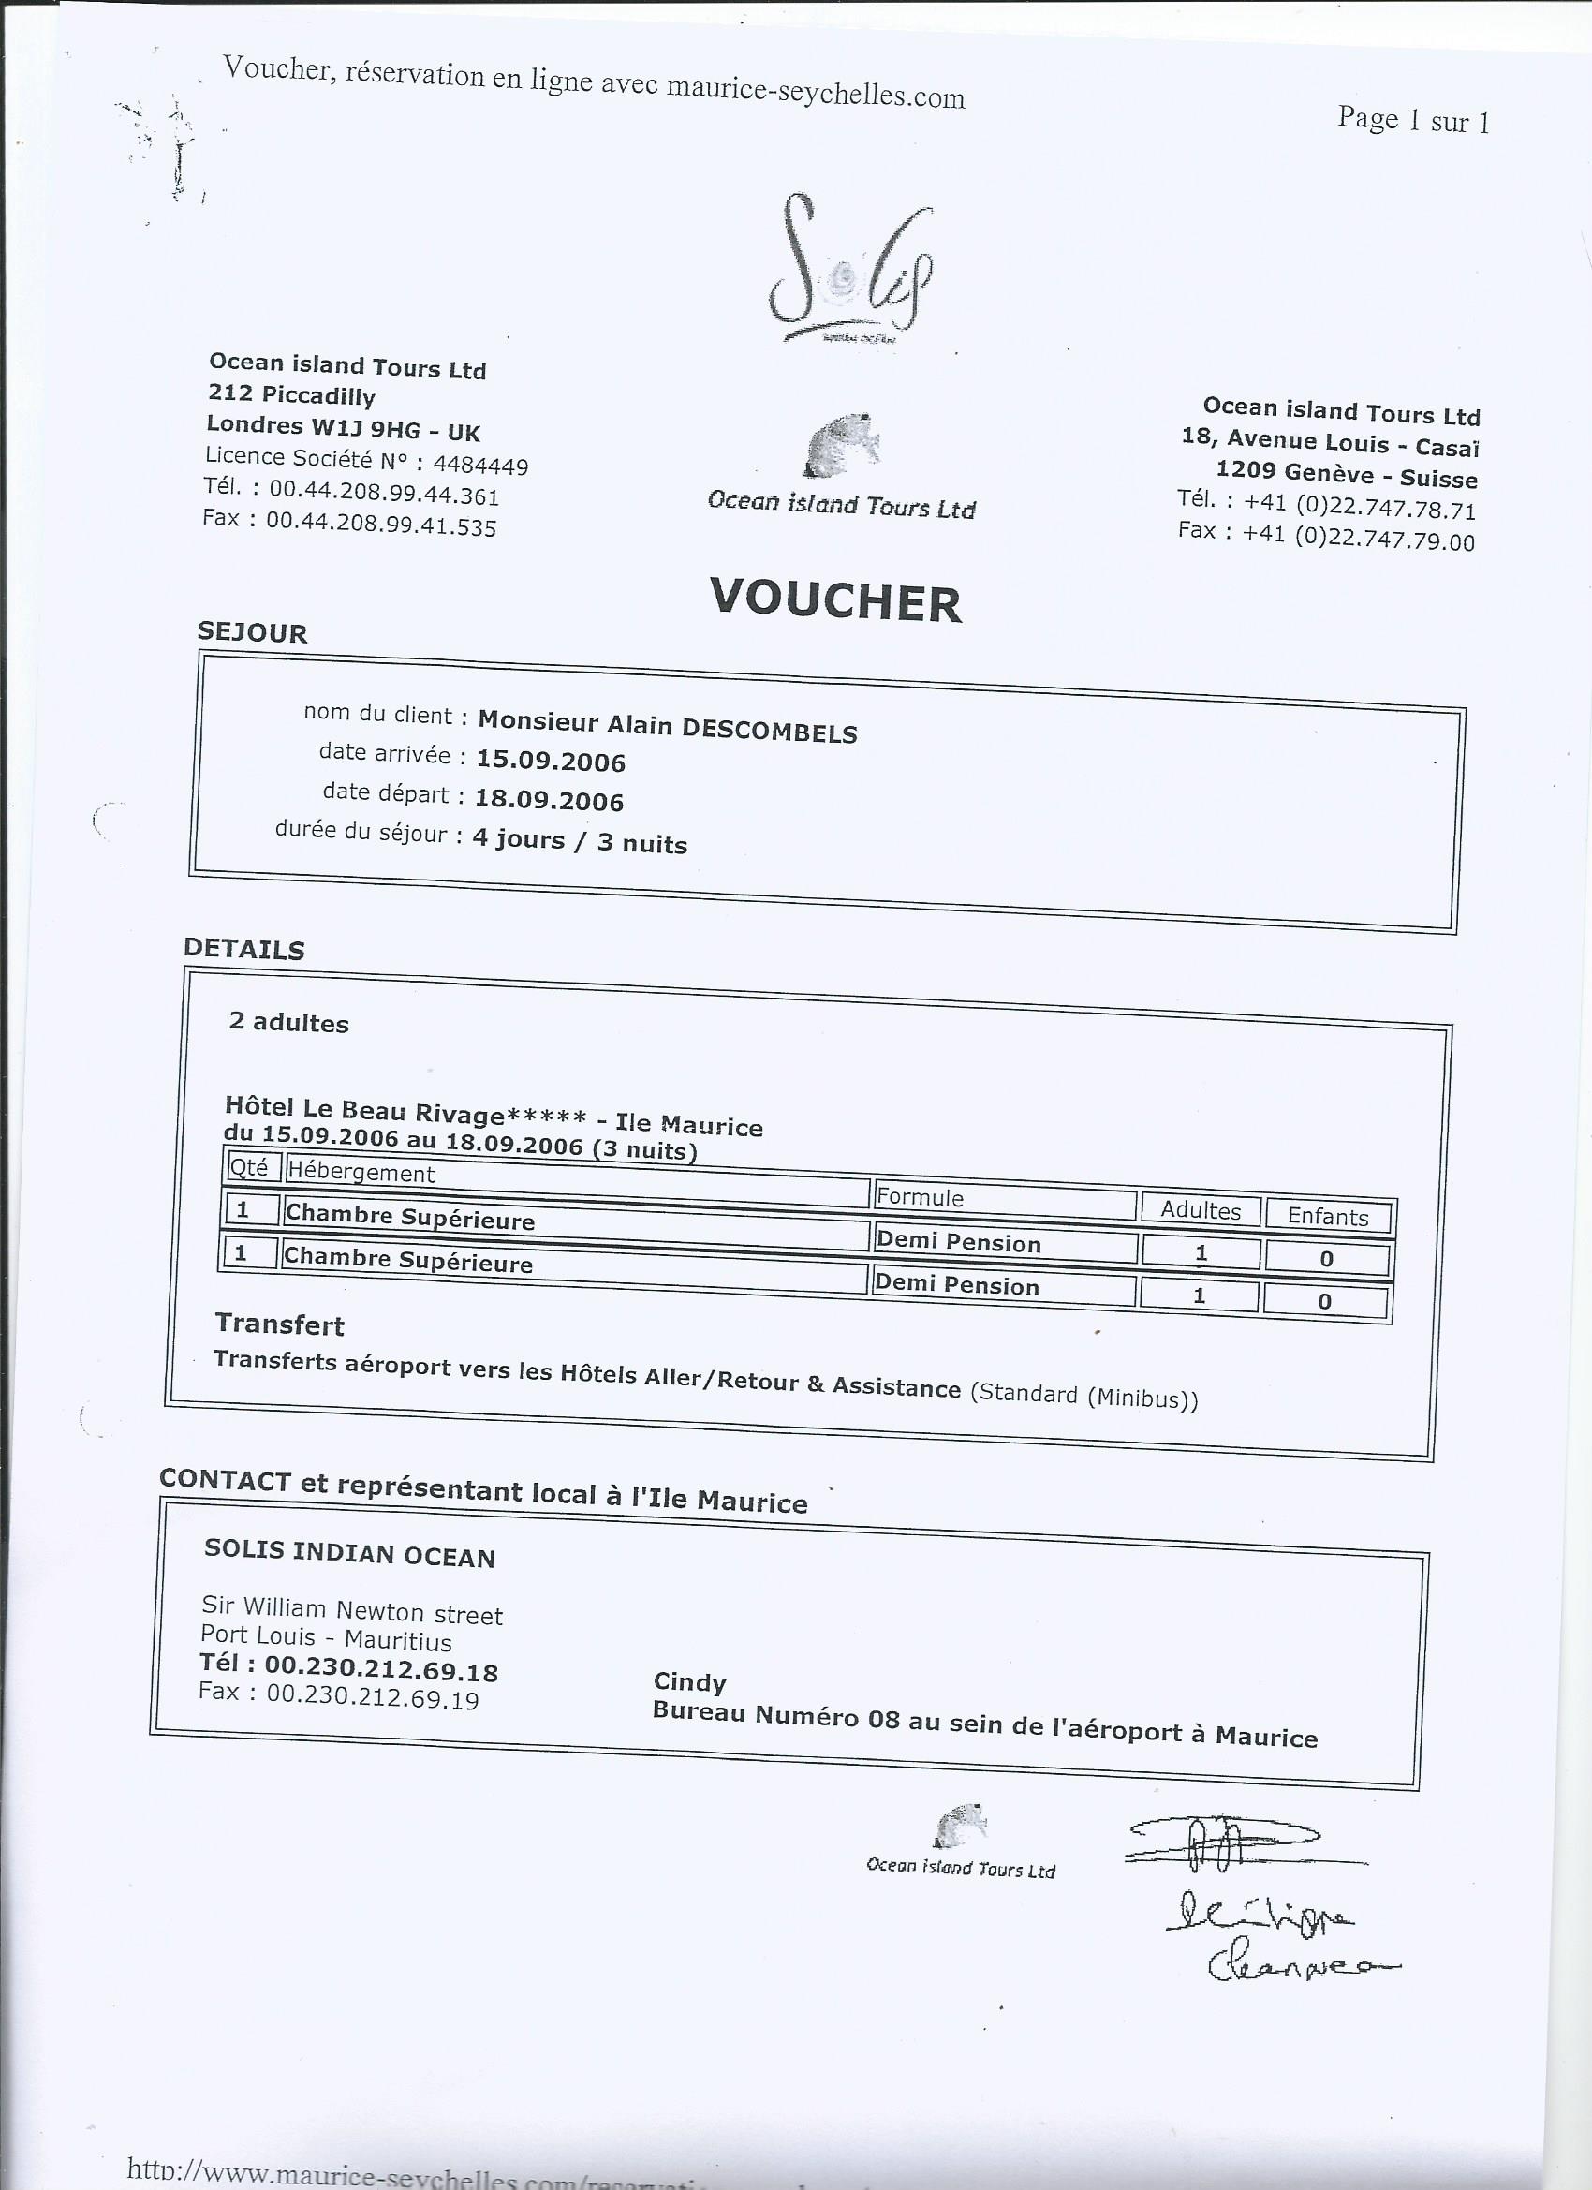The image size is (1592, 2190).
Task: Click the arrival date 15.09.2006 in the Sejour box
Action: coord(551,761)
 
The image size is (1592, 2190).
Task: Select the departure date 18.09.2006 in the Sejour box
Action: coord(549,801)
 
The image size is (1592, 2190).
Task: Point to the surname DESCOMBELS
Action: coord(769,731)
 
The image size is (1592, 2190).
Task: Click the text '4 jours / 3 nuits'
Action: coord(580,840)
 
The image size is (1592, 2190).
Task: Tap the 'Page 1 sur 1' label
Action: coord(1412,120)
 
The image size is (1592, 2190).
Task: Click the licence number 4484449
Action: coord(479,466)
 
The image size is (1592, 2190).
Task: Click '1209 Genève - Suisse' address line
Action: coord(1346,475)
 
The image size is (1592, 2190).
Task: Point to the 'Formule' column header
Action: coord(920,1197)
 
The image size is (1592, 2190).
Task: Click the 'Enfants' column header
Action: coord(1328,1217)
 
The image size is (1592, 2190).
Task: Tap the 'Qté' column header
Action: coord(248,1166)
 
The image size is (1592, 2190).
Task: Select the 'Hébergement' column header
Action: coord(362,1172)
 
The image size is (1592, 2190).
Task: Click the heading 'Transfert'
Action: coord(279,1324)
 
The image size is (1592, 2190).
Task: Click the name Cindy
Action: coord(689,1681)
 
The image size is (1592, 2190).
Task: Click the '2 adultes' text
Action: coord(288,1023)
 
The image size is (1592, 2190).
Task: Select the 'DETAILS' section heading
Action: coord(244,948)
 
